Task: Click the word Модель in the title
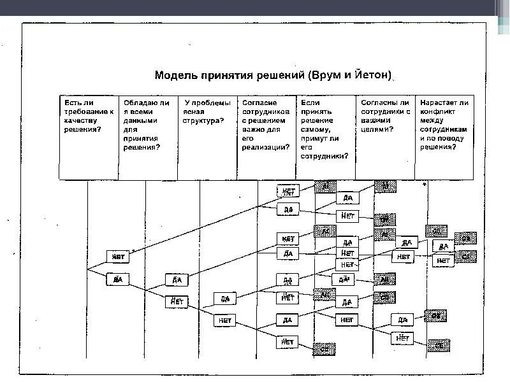(175, 76)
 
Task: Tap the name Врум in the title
(323, 76)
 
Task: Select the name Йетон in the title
(370, 76)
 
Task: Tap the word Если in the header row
(309, 102)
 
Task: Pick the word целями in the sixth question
(375, 129)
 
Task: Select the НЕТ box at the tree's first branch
(118, 257)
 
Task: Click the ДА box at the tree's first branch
(118, 279)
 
